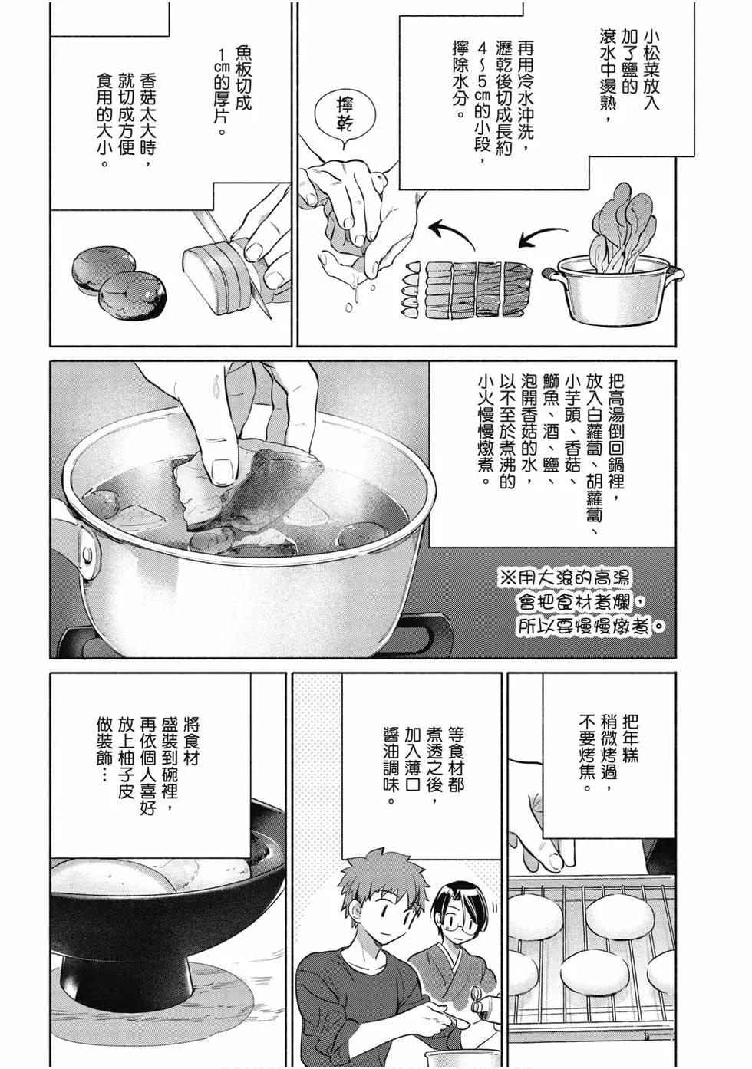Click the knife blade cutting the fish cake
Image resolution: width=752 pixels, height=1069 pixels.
click(x=229, y=262)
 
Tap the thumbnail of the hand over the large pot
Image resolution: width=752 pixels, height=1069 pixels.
click(x=223, y=470)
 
